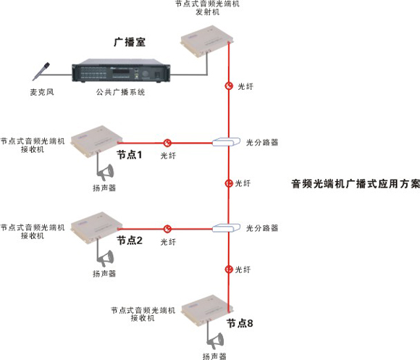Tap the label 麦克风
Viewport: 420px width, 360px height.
pos(43,93)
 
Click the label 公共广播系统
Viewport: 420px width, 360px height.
pos(121,93)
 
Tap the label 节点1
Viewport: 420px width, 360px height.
pos(130,156)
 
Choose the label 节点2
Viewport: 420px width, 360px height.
pos(130,240)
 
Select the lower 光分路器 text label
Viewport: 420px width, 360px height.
pos(262,228)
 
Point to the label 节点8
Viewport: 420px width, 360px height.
pos(240,324)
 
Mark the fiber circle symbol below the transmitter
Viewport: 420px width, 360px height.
pos(229,85)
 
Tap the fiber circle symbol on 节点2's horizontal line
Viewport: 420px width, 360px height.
pos(168,228)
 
